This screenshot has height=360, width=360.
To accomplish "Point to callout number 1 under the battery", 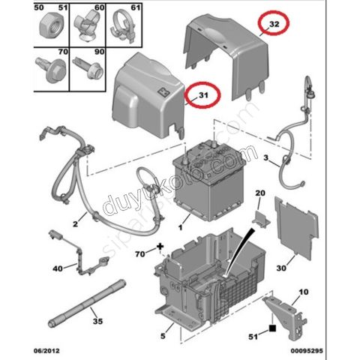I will click(x=180, y=225).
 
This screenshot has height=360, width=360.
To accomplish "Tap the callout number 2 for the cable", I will click(x=76, y=223).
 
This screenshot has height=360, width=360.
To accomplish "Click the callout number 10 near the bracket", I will click(x=304, y=291).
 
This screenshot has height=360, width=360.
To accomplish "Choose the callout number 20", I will click(x=260, y=193).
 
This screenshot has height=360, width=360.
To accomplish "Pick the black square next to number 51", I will click(x=275, y=327).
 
